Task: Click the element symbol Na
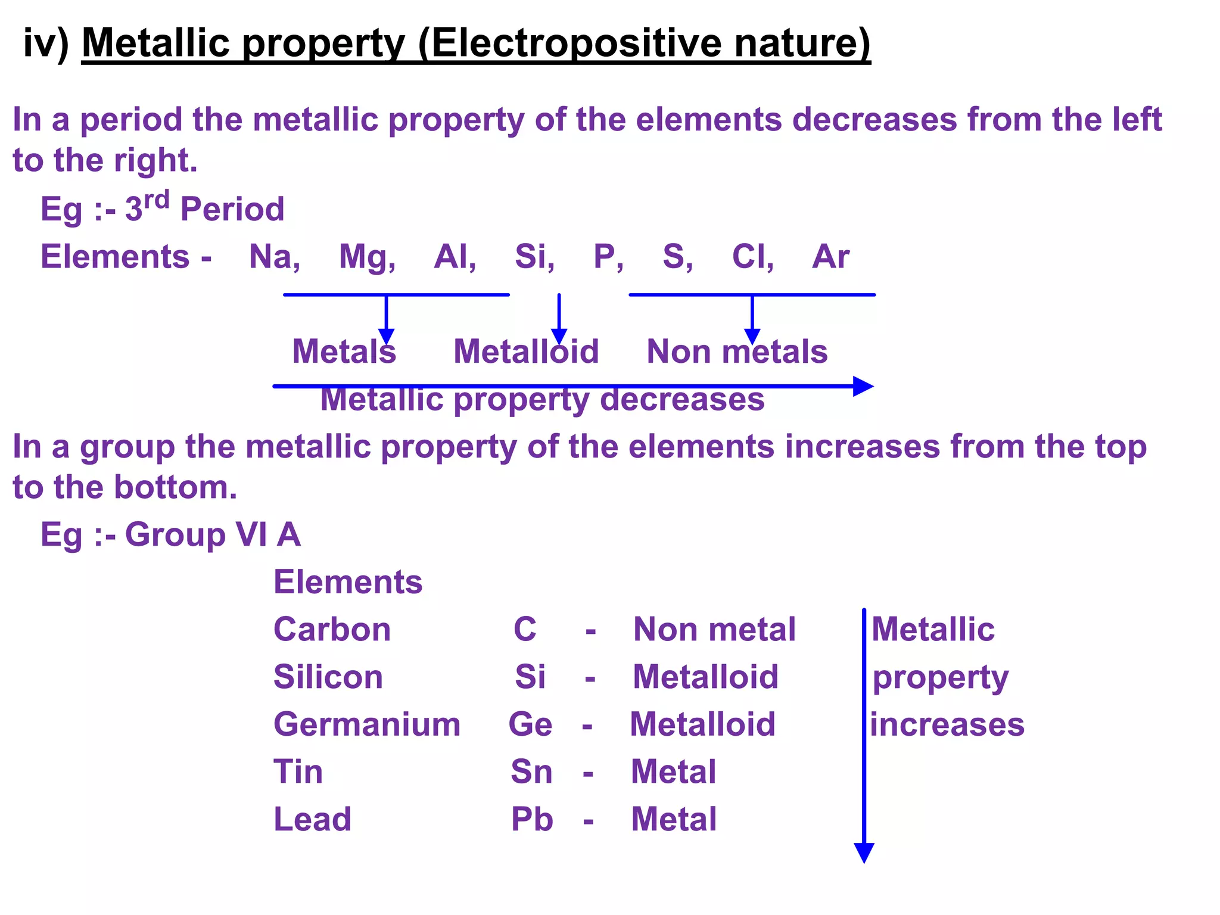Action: point(271,257)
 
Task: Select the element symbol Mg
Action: point(365,257)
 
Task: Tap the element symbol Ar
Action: point(830,257)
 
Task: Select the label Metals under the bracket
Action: point(344,351)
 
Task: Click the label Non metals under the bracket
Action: point(737,351)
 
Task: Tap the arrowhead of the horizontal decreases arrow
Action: point(863,386)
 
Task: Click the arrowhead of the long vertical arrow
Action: point(864,852)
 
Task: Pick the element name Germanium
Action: point(367,724)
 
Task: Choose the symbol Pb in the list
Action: point(532,819)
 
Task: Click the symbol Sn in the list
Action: point(531,772)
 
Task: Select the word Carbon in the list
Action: point(332,630)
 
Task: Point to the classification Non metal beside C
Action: point(714,630)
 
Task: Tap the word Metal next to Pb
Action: point(674,819)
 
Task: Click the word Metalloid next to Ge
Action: point(703,724)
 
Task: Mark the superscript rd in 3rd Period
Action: point(157,200)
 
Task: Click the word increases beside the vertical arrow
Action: point(947,724)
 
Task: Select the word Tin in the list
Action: point(298,772)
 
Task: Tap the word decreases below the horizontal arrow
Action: point(682,400)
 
